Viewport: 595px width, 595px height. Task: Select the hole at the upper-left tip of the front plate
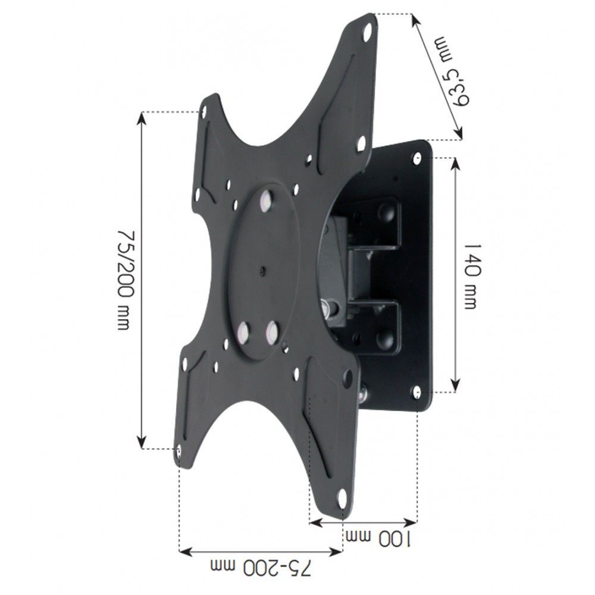click(203, 111)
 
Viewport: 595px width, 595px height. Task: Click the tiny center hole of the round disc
click(262, 273)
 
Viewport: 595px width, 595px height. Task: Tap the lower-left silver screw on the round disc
click(243, 331)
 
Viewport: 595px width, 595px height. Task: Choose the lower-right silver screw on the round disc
click(274, 331)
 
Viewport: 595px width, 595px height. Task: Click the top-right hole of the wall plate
click(418, 157)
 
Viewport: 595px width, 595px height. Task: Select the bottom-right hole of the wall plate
click(416, 392)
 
